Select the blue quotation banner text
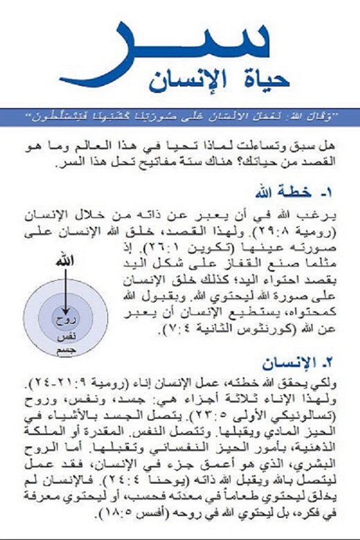pyautogui.click(x=180, y=116)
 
